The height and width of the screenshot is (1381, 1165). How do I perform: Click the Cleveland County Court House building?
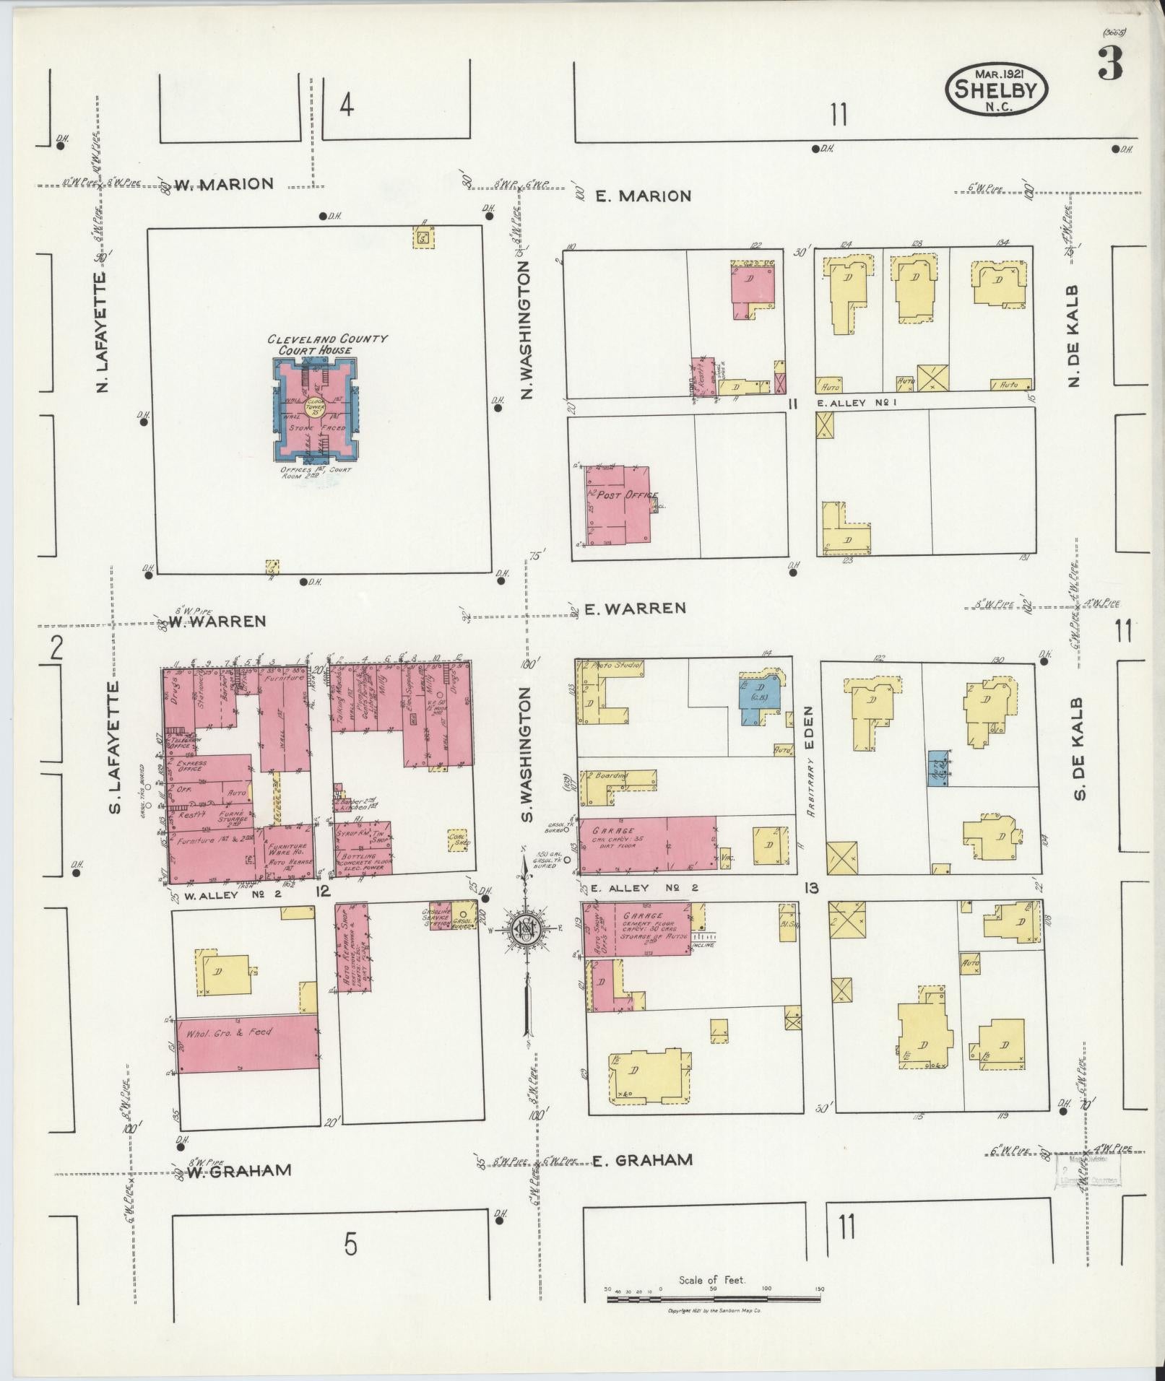tap(314, 411)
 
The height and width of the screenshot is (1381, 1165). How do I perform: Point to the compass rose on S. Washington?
tap(527, 930)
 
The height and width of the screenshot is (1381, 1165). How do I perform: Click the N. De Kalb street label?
tap(1074, 336)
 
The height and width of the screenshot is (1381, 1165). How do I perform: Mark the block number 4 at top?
tap(347, 106)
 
